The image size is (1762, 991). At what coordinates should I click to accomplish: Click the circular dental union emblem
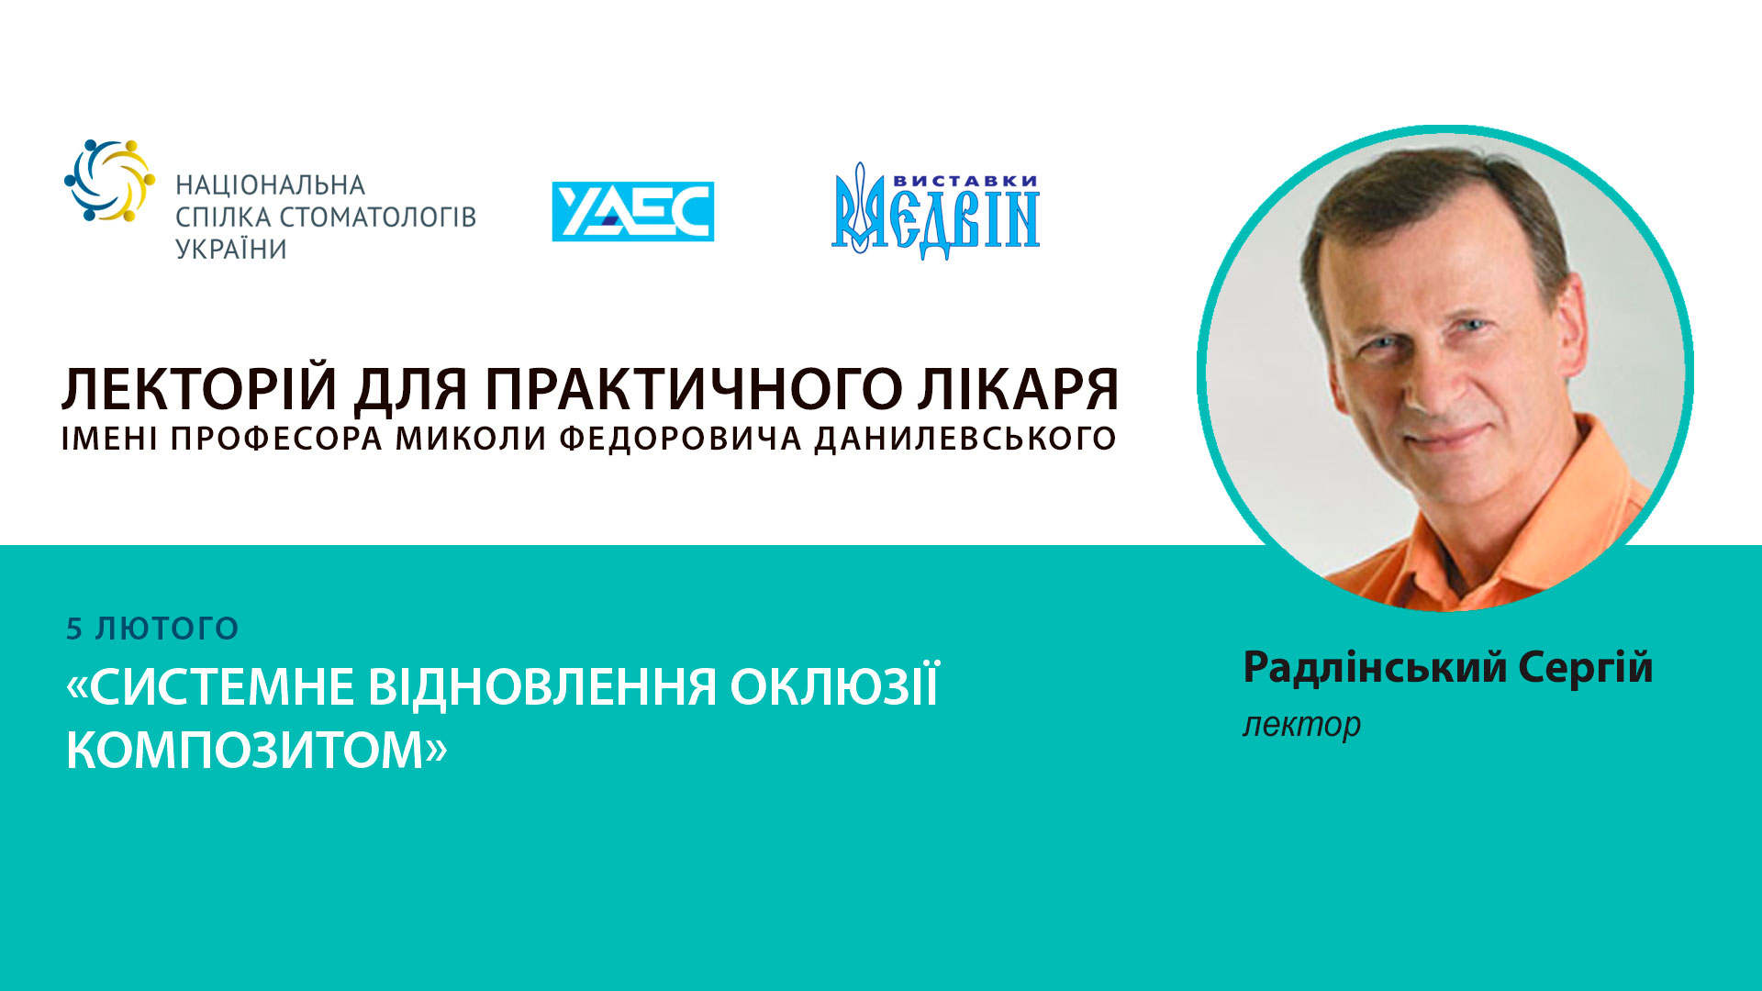click(109, 181)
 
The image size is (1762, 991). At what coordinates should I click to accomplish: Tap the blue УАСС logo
click(632, 211)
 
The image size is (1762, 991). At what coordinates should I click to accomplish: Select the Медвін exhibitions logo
click(935, 213)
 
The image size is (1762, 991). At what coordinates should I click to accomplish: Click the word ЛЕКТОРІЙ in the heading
click(199, 389)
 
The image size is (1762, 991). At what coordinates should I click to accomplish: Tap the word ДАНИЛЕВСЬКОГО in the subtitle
click(965, 439)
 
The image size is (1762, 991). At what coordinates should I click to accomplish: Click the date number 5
click(74, 629)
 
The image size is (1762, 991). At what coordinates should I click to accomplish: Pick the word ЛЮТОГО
click(167, 629)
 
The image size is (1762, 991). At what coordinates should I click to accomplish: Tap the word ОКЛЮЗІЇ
click(835, 686)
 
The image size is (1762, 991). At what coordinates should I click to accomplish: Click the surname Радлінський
click(1375, 667)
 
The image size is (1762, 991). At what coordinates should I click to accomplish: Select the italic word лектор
click(1301, 725)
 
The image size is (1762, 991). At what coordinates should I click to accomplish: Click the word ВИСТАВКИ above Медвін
click(965, 181)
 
